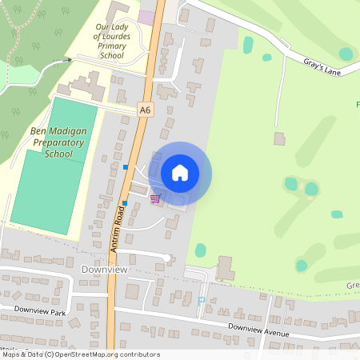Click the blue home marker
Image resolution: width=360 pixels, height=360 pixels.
pos(180,173)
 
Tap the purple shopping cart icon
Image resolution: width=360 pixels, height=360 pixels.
pos(155,198)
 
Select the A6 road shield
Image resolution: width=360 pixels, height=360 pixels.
pos(145,110)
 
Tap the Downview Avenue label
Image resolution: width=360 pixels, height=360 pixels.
pos(258,328)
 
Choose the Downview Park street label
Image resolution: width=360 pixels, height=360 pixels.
pos(39,312)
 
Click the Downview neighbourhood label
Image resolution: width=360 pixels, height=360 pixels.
pos(103,270)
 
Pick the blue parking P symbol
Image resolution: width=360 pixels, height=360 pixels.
pos(202,302)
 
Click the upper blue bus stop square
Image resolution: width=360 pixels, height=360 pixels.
pos(126,166)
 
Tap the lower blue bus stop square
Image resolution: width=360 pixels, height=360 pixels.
pos(125,203)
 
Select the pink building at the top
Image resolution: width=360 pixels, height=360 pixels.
pos(147,17)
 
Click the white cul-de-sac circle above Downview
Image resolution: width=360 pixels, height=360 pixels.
pos(166,258)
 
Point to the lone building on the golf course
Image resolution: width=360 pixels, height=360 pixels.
pos(279,138)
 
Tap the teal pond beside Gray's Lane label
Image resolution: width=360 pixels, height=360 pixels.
pos(345,54)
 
